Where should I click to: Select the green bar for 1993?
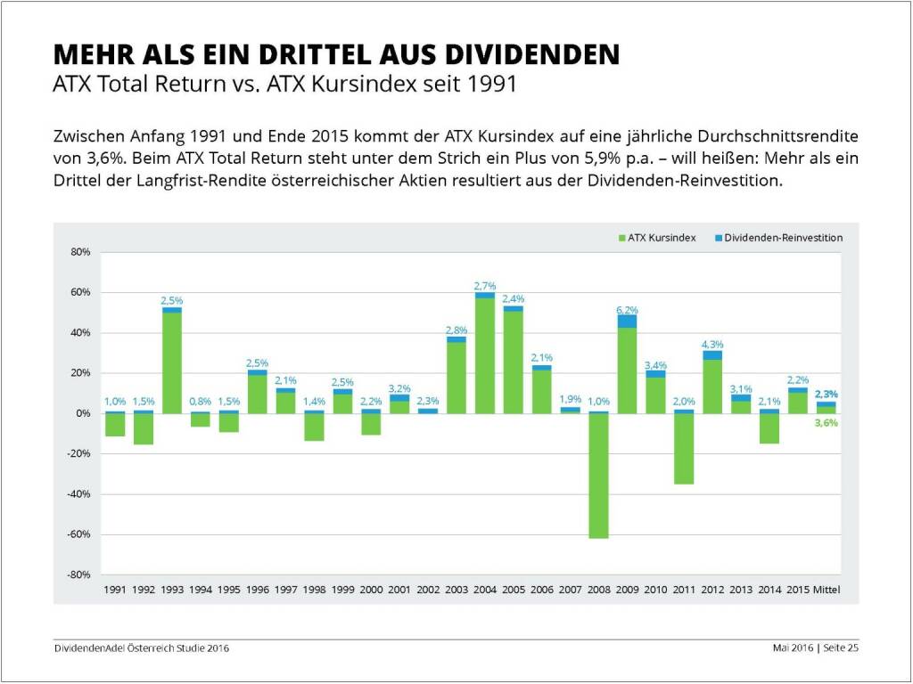tap(171, 362)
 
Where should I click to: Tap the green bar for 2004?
tap(485, 355)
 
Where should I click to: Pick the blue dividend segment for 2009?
tap(627, 321)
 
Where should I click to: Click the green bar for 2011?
tap(684, 449)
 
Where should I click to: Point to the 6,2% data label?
tap(627, 308)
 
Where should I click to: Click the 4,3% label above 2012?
tap(712, 344)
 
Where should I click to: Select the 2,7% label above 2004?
tap(485, 285)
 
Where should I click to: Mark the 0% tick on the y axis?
tap(82, 413)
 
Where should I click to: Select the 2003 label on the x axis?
tap(456, 590)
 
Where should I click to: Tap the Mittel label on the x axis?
tap(827, 590)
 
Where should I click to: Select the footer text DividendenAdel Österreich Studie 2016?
tap(141, 648)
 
